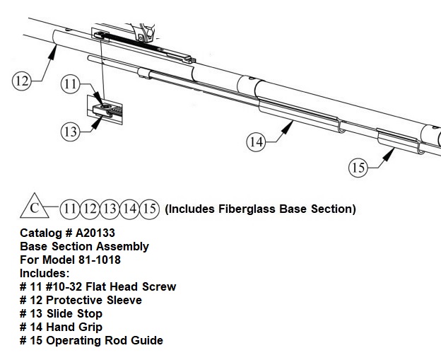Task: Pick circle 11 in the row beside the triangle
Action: [x=70, y=209]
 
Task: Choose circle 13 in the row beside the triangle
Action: [x=110, y=209]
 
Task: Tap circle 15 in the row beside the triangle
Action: [x=150, y=209]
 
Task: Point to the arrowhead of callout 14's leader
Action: [x=288, y=127]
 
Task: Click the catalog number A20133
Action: [x=95, y=233]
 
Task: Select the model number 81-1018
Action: [x=100, y=260]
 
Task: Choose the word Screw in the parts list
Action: [x=159, y=286]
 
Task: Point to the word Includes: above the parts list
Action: [x=45, y=273]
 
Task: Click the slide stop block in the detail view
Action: [x=102, y=110]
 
